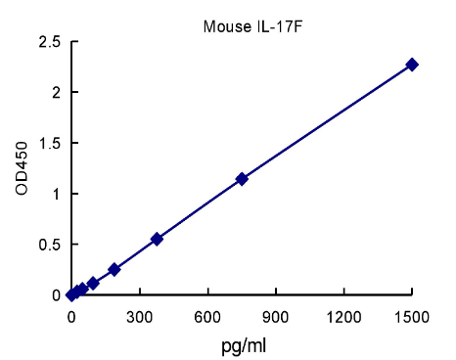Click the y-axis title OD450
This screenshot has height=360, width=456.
tap(22, 167)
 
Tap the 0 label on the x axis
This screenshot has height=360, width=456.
tap(71, 318)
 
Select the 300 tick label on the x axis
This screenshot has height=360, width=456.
tap(139, 318)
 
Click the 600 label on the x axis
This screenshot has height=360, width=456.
tap(207, 318)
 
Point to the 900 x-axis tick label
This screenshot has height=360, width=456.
tap(276, 318)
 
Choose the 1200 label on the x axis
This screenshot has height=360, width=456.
tap(343, 318)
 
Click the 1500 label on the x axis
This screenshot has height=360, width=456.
tap(412, 318)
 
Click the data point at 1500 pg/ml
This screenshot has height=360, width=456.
tap(412, 65)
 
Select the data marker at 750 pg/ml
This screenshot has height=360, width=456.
tap(242, 179)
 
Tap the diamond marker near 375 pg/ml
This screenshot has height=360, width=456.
tap(157, 239)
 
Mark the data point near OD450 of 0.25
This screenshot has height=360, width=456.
tap(114, 269)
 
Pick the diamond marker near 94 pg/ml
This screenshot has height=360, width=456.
tap(93, 284)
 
